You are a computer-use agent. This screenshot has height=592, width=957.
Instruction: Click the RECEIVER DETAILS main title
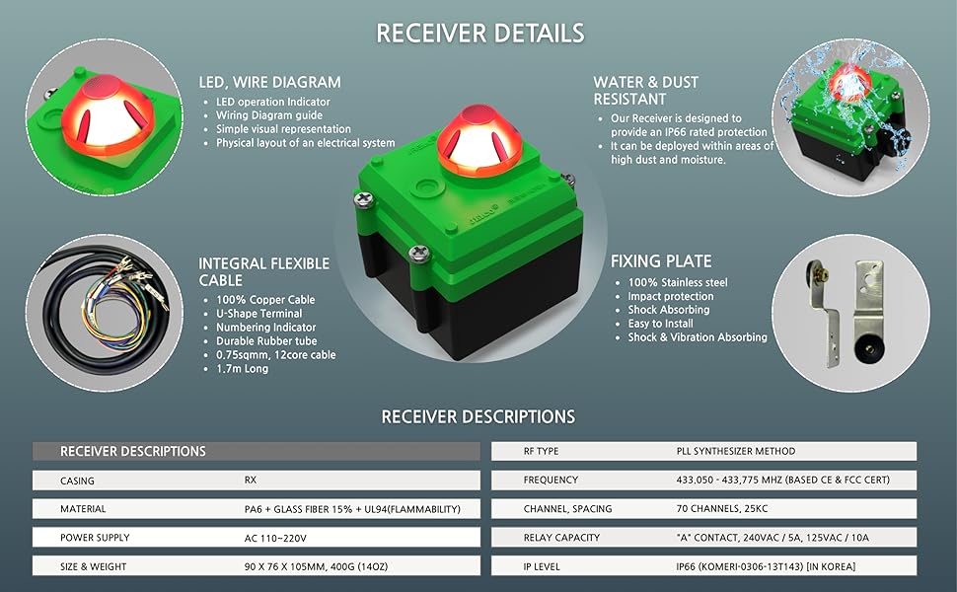(x=479, y=33)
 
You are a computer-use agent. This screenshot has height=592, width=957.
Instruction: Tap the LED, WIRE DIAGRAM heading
(x=269, y=82)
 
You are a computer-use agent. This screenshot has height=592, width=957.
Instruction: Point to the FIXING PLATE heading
(x=661, y=261)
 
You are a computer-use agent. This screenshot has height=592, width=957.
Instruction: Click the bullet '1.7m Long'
(x=242, y=369)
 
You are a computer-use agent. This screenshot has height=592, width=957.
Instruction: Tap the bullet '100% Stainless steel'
(x=678, y=283)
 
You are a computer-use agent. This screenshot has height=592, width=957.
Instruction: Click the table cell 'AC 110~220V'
(x=275, y=538)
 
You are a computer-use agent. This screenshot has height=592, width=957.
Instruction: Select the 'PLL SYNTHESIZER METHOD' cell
(x=731, y=451)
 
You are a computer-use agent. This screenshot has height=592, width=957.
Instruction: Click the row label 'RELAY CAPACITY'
(x=561, y=538)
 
